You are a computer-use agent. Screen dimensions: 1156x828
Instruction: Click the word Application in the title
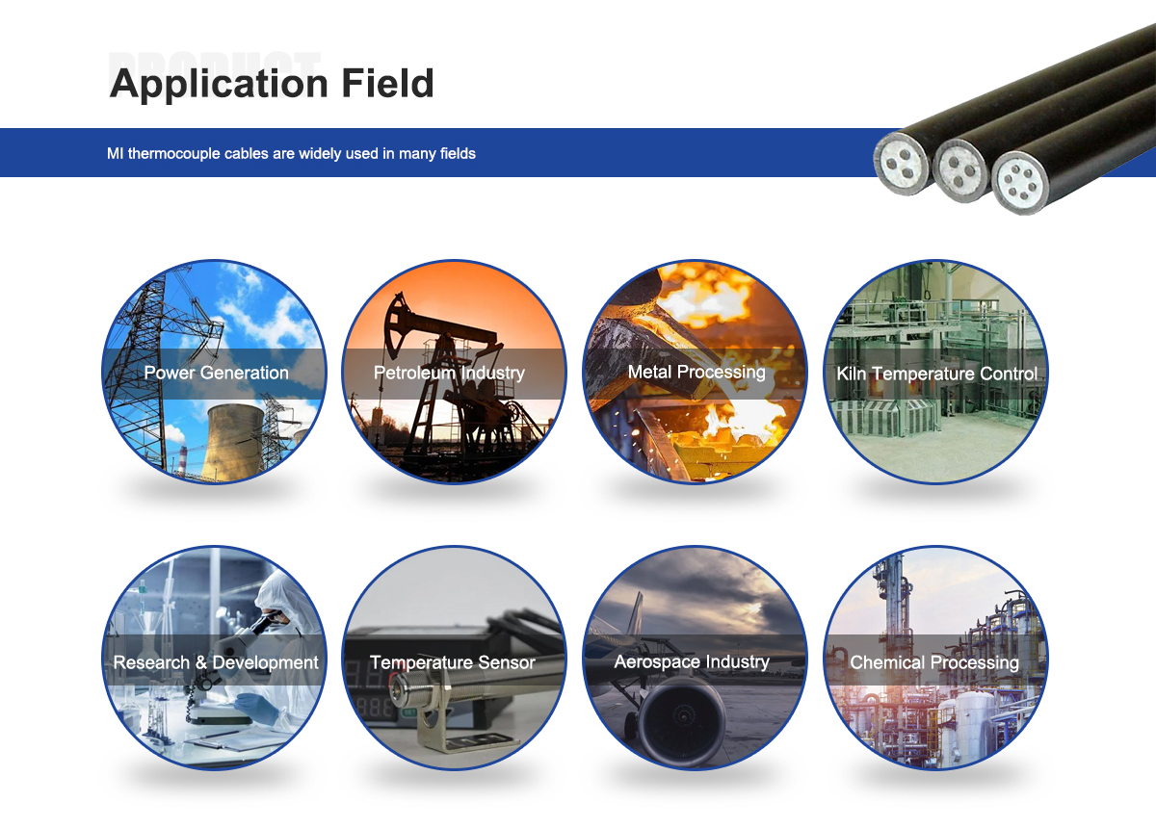tap(219, 84)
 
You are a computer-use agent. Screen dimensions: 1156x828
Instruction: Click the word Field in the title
tap(387, 83)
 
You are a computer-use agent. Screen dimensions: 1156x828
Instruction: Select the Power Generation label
tap(216, 373)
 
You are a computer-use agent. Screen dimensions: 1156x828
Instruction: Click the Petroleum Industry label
tap(449, 373)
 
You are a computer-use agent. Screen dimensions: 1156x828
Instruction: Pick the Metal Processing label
tap(696, 372)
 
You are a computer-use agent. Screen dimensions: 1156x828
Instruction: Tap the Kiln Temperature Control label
tap(936, 374)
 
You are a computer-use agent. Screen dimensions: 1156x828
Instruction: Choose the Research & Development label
tap(216, 662)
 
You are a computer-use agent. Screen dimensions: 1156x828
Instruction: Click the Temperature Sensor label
tap(453, 662)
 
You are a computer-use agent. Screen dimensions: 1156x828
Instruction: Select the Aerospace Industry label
tap(692, 661)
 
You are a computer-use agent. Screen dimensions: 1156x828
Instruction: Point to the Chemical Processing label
tap(934, 662)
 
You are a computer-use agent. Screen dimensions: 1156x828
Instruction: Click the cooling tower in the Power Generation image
tap(235, 443)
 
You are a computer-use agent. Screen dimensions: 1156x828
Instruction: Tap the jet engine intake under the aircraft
tap(681, 719)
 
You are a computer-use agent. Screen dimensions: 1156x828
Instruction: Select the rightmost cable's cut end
tap(1020, 183)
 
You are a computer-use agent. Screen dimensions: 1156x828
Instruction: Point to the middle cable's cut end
tap(961, 170)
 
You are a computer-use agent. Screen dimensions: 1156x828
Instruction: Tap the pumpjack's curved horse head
tap(396, 325)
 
